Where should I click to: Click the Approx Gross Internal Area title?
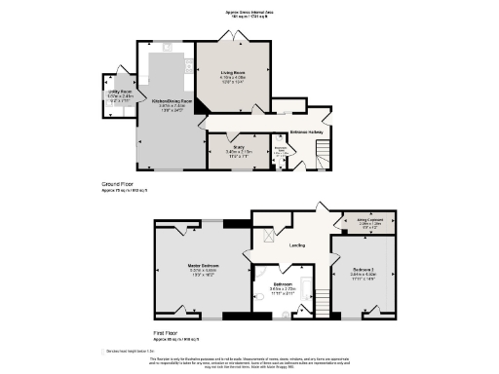249,14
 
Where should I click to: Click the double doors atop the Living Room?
235,36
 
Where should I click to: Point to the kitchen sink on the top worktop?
168,45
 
